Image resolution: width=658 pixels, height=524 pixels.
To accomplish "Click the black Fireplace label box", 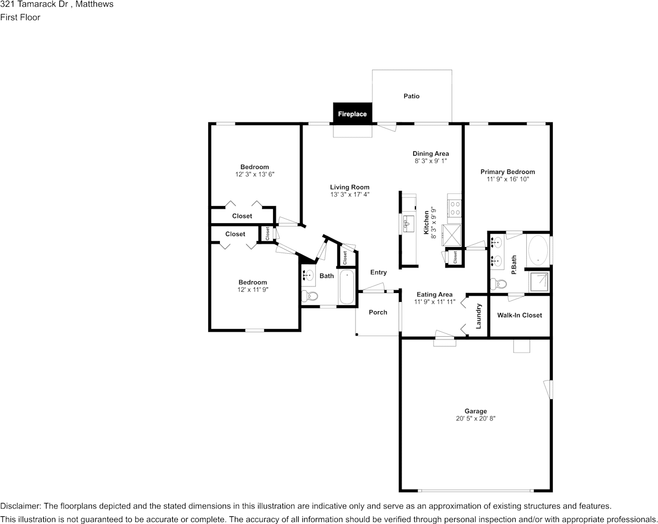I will (352, 114).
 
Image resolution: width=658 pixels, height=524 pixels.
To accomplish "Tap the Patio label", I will (411, 96).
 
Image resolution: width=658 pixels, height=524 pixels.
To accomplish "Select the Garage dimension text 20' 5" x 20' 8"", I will (475, 419).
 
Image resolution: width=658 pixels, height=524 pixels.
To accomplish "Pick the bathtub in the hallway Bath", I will (347, 286).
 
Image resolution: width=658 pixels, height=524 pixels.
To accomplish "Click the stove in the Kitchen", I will (455, 208).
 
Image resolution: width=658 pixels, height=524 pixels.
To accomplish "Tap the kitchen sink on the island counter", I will (408, 224).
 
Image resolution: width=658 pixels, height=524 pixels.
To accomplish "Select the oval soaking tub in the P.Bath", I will (538, 250).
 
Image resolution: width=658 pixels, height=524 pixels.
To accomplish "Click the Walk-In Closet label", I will (519, 315).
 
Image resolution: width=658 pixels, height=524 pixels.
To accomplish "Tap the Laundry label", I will (479, 316).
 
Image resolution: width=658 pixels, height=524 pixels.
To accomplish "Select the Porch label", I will (378, 312).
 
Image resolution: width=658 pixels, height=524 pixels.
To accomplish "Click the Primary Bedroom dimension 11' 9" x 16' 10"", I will (507, 179).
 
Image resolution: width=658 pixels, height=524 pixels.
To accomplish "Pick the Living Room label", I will (349, 187).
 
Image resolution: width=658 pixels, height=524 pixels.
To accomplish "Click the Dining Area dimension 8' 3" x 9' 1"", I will (430, 161).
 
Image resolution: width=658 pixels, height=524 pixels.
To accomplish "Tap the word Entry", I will (378, 272).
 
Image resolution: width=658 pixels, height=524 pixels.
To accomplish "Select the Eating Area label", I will (434, 295).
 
